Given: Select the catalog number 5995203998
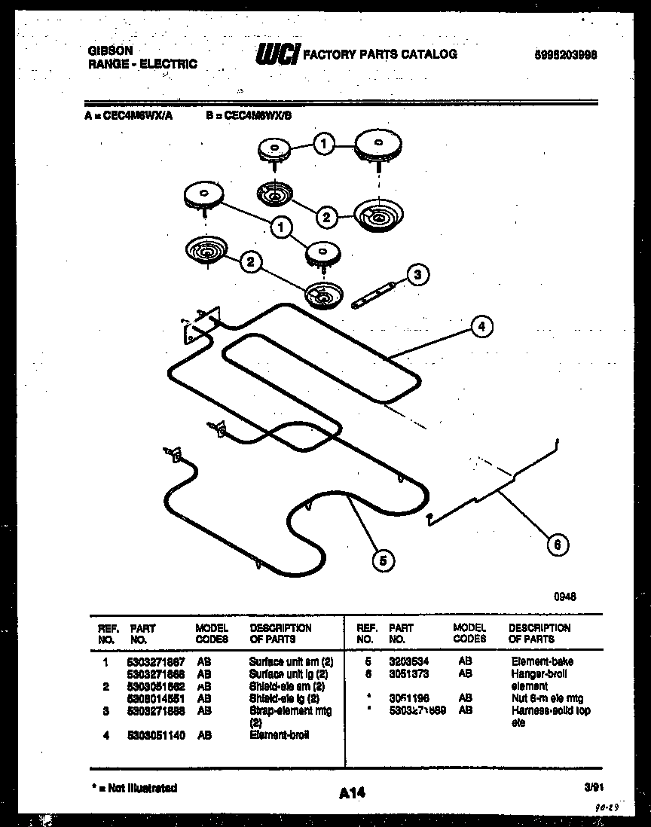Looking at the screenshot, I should click(x=565, y=55).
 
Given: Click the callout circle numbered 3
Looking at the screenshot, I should click(x=418, y=276).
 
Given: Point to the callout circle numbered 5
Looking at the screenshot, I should click(x=384, y=560).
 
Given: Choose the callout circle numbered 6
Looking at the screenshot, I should click(x=557, y=545).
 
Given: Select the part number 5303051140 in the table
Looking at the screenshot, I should click(x=157, y=734).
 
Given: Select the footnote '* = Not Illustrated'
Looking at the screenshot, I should click(x=134, y=788).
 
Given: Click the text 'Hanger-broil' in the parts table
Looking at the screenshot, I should click(x=539, y=673).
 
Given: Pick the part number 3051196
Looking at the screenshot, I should click(x=408, y=698).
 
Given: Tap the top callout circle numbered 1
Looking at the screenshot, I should click(x=323, y=144).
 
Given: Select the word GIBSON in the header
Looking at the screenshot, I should click(x=111, y=50).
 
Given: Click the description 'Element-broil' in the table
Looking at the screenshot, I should click(x=279, y=734).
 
